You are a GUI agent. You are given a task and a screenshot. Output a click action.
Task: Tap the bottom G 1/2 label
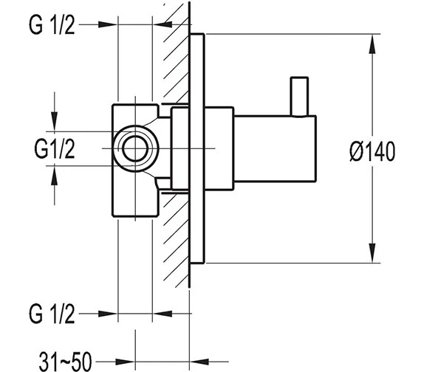point(52,314)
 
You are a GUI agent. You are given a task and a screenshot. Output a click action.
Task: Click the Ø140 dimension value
point(372,151)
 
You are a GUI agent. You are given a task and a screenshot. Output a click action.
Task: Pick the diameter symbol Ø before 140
point(354,151)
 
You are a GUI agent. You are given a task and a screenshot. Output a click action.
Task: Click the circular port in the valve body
point(134,148)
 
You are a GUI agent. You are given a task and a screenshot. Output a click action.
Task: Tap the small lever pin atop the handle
point(301,96)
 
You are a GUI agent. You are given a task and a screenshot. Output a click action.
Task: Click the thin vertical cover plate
point(197,148)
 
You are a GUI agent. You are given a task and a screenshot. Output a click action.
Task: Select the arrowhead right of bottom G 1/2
point(112,314)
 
